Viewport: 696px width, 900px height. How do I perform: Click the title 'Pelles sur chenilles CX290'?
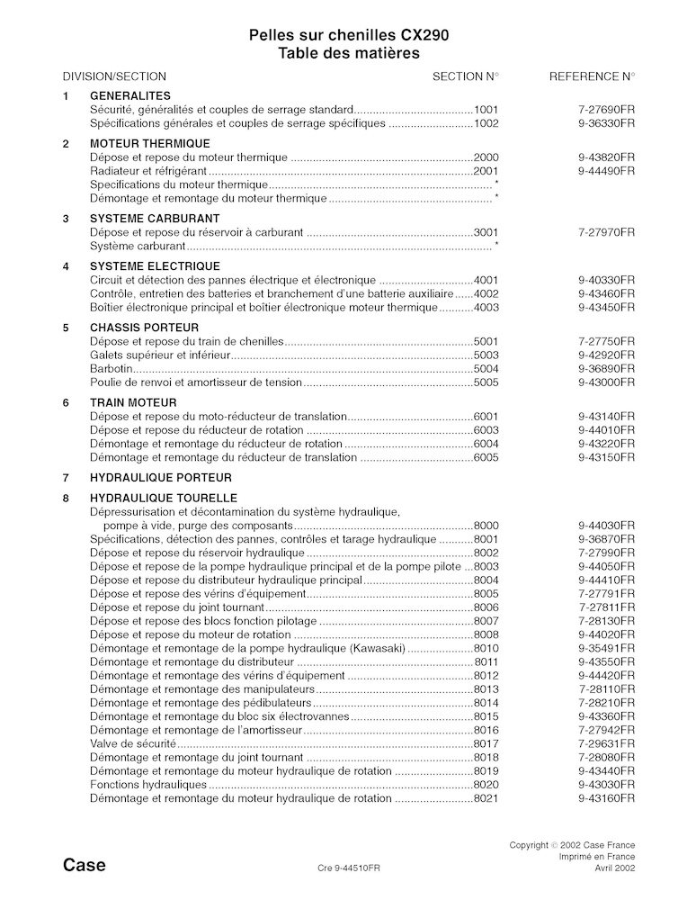coord(348,35)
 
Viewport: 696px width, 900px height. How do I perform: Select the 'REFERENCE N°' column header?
coord(592,76)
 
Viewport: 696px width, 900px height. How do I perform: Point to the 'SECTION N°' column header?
coord(466,76)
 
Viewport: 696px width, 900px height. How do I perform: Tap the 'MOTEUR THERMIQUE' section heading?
coord(150,144)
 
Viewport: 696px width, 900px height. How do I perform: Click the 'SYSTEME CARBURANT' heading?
coord(155,219)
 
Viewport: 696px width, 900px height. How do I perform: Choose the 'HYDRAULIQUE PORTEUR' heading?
coord(161,478)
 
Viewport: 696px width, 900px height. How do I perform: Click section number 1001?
coord(486,108)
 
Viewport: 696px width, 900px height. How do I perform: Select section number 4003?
coord(486,307)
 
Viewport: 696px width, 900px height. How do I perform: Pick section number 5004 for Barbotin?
coord(486,369)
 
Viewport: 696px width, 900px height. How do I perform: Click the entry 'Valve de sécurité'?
coord(133,746)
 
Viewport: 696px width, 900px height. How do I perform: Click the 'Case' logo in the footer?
coord(85,867)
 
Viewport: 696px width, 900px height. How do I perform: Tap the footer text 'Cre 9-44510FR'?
coord(349,869)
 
